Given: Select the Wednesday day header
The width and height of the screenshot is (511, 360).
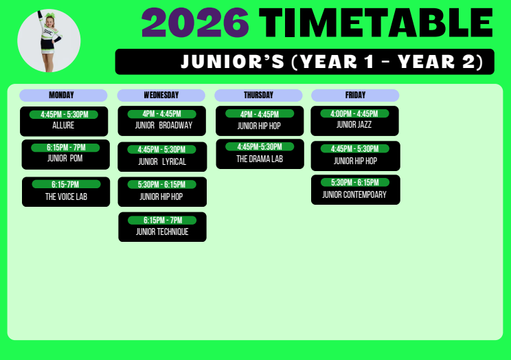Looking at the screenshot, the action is (161, 95).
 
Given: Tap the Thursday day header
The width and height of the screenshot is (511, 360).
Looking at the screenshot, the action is (258, 95).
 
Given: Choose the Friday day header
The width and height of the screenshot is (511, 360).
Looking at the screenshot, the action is (355, 95).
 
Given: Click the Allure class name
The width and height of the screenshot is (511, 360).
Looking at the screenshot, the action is (63, 125).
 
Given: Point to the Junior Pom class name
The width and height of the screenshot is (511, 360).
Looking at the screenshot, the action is (65, 158).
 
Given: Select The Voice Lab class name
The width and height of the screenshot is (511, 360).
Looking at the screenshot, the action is (66, 196).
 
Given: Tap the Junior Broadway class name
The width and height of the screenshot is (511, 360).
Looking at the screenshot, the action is (163, 125).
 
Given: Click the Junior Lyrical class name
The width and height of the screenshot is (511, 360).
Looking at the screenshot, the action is (162, 161).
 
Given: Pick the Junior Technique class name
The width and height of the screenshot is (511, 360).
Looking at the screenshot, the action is (162, 232).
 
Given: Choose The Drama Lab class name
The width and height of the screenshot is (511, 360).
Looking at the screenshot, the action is (260, 159).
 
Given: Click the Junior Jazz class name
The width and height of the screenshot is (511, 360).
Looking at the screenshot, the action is (354, 124).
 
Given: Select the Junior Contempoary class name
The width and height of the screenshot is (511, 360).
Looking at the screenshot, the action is (354, 194).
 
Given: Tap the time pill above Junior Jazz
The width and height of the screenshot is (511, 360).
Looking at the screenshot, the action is (354, 113).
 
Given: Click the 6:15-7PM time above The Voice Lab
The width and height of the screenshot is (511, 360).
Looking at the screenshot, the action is (66, 184).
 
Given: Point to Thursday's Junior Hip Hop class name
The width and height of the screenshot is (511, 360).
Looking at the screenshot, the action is (259, 126).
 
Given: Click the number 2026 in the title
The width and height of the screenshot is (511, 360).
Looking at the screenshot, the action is (195, 23).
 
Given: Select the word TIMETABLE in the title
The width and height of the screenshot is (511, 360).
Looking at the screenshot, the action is (376, 23).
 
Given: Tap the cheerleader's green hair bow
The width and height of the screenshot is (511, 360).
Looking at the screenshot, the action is (49, 15).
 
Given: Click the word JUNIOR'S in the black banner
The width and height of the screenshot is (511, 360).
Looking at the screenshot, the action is (233, 61).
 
